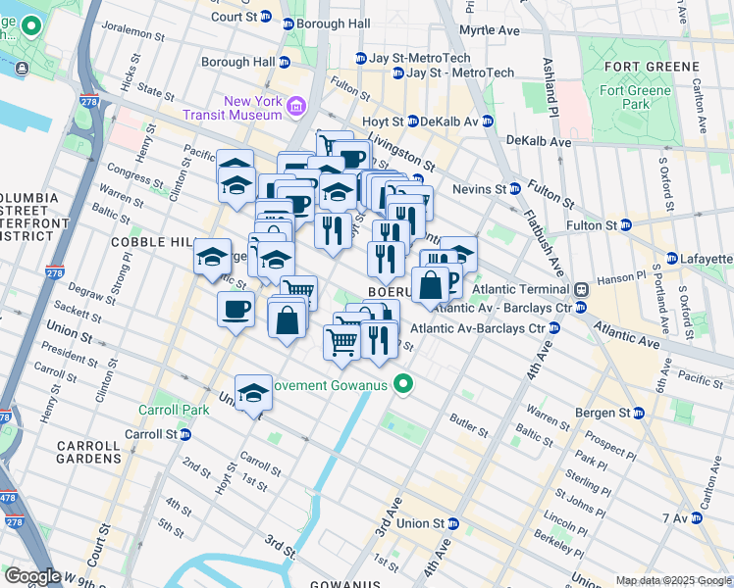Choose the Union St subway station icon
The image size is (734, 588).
(452, 523)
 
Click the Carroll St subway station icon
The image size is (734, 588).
(184, 434)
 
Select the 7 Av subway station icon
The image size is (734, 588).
(698, 516)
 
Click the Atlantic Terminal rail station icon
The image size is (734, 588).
(581, 289)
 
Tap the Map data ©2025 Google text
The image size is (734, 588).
(673, 580)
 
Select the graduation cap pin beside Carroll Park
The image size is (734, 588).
(254, 394)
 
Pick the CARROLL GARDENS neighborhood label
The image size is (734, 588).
(88, 451)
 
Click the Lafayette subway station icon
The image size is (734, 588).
(671, 259)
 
